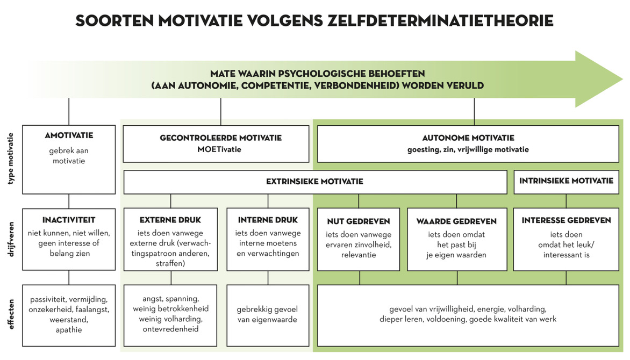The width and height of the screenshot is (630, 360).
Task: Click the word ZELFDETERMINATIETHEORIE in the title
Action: point(440,20)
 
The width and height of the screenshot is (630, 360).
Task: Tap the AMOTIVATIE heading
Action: point(69,135)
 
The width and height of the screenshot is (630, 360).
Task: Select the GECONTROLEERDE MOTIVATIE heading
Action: point(220,138)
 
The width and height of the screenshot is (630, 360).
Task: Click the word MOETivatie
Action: point(219,149)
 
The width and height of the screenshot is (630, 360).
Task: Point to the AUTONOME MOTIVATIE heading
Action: point(468,138)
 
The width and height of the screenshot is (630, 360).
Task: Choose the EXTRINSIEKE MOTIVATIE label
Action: point(314,182)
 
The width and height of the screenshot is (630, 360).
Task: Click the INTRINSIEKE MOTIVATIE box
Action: point(566,182)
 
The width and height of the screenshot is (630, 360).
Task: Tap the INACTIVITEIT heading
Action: point(69,220)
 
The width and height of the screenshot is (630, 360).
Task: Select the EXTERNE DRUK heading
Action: point(170,220)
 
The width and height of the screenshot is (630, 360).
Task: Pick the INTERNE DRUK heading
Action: point(268,220)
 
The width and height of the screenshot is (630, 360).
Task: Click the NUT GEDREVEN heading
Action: point(359,221)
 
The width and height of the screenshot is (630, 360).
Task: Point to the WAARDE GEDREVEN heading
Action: point(456,221)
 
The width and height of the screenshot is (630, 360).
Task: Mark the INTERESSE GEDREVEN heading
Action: point(566,220)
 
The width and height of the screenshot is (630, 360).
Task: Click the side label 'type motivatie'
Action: point(11,159)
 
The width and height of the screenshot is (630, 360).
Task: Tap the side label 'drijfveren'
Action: point(11,240)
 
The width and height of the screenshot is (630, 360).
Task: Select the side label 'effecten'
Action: point(11,314)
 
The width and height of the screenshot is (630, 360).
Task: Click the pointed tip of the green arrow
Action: point(622,79)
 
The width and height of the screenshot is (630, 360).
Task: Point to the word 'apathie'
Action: point(69,330)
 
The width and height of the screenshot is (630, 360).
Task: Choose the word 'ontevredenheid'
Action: point(170,329)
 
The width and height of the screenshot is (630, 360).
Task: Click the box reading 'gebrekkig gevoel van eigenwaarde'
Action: point(268,315)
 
